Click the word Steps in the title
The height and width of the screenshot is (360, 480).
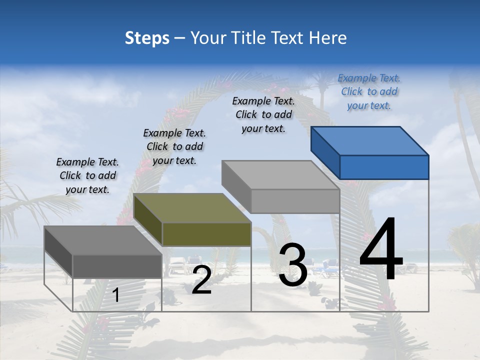[x=147, y=38]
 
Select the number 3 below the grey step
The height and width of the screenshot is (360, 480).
[x=293, y=265]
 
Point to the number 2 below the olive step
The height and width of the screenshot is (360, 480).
[x=201, y=280]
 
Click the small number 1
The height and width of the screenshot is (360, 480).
[x=116, y=295]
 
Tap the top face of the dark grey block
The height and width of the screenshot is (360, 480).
[x=103, y=240]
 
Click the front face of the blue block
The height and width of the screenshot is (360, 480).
[x=384, y=167]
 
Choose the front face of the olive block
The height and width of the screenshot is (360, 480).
[x=206, y=234]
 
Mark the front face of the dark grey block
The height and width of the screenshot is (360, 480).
[x=117, y=266]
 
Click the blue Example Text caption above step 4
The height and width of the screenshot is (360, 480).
[x=369, y=92]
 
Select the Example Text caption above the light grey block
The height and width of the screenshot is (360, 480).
[x=263, y=114]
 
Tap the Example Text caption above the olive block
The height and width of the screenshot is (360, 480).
[x=174, y=146]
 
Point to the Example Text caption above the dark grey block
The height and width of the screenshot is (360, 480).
[x=87, y=175]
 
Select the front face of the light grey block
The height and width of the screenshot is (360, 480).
[x=295, y=201]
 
